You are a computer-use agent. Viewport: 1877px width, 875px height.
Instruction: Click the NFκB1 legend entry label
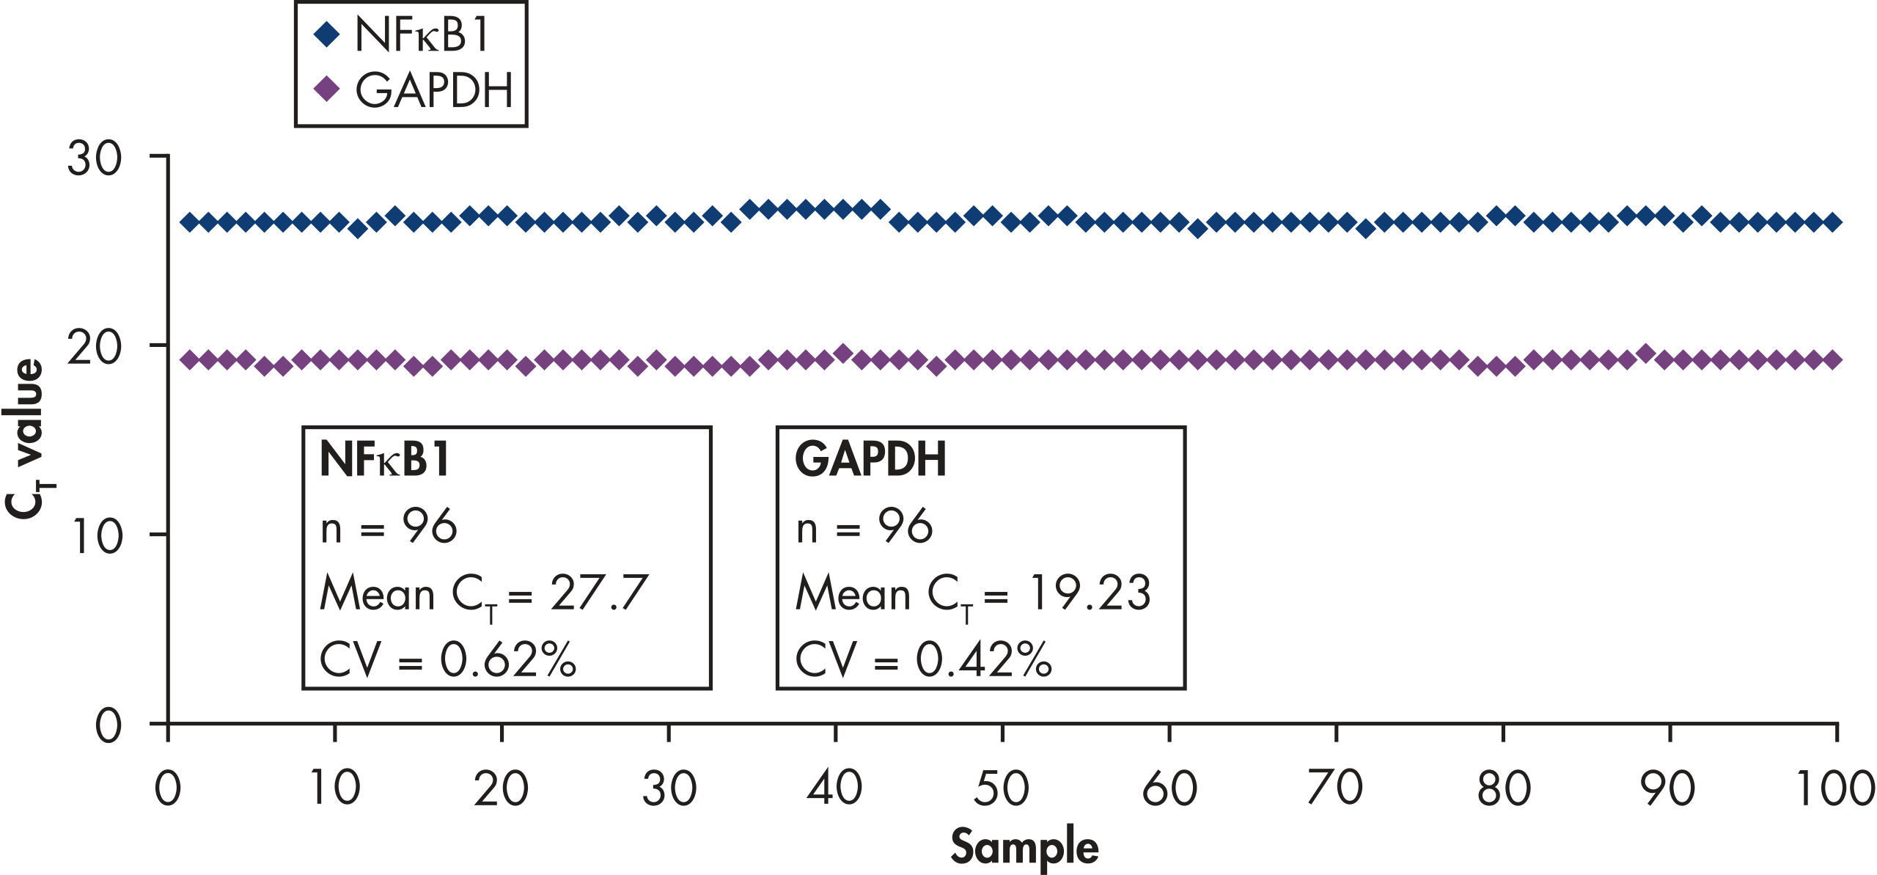pos(422,34)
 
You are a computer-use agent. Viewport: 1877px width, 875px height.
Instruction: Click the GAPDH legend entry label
pos(433,91)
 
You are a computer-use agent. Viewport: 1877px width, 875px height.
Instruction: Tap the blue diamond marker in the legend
pos(326,34)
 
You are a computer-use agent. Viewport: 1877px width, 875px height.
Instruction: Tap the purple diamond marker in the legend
pos(326,89)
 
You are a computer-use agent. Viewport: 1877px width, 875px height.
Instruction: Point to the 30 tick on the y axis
pos(94,158)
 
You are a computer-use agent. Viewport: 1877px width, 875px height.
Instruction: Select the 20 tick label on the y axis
pos(94,347)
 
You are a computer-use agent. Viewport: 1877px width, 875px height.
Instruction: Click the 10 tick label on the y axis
pos(97,536)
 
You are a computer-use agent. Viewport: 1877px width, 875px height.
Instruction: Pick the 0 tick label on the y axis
pos(109,725)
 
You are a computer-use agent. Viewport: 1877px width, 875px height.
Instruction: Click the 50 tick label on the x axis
pos(1002,789)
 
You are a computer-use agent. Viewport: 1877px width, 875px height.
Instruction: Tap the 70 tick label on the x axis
pos(1335,789)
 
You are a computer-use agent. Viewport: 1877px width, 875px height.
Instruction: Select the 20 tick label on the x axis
pos(501,789)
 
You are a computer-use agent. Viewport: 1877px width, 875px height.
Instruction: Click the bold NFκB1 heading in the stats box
pos(385,460)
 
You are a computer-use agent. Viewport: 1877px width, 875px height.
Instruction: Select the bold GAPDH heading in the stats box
pos(870,460)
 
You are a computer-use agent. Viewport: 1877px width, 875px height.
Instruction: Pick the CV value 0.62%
pos(507,659)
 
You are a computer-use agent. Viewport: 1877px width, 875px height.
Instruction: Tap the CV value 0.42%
pos(983,659)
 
